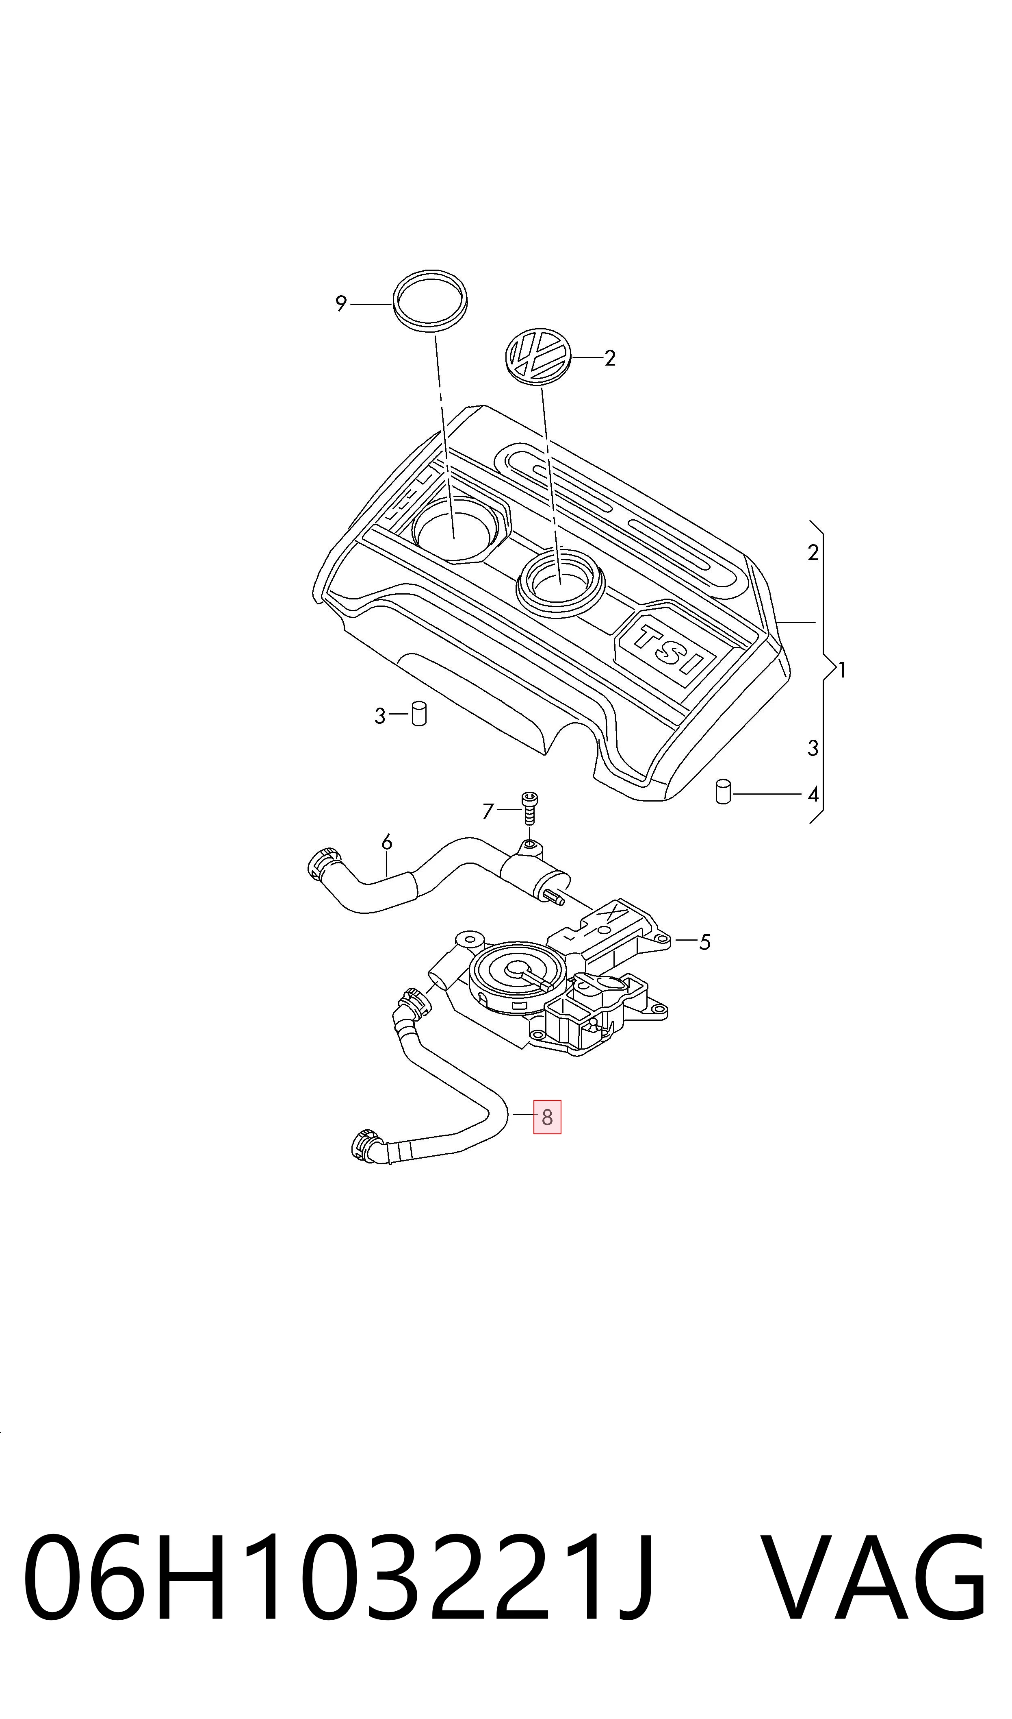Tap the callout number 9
(341, 303)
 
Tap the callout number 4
(813, 795)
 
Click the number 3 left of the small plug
(380, 717)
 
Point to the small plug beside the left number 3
(419, 713)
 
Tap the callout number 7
(488, 811)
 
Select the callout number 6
(387, 843)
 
